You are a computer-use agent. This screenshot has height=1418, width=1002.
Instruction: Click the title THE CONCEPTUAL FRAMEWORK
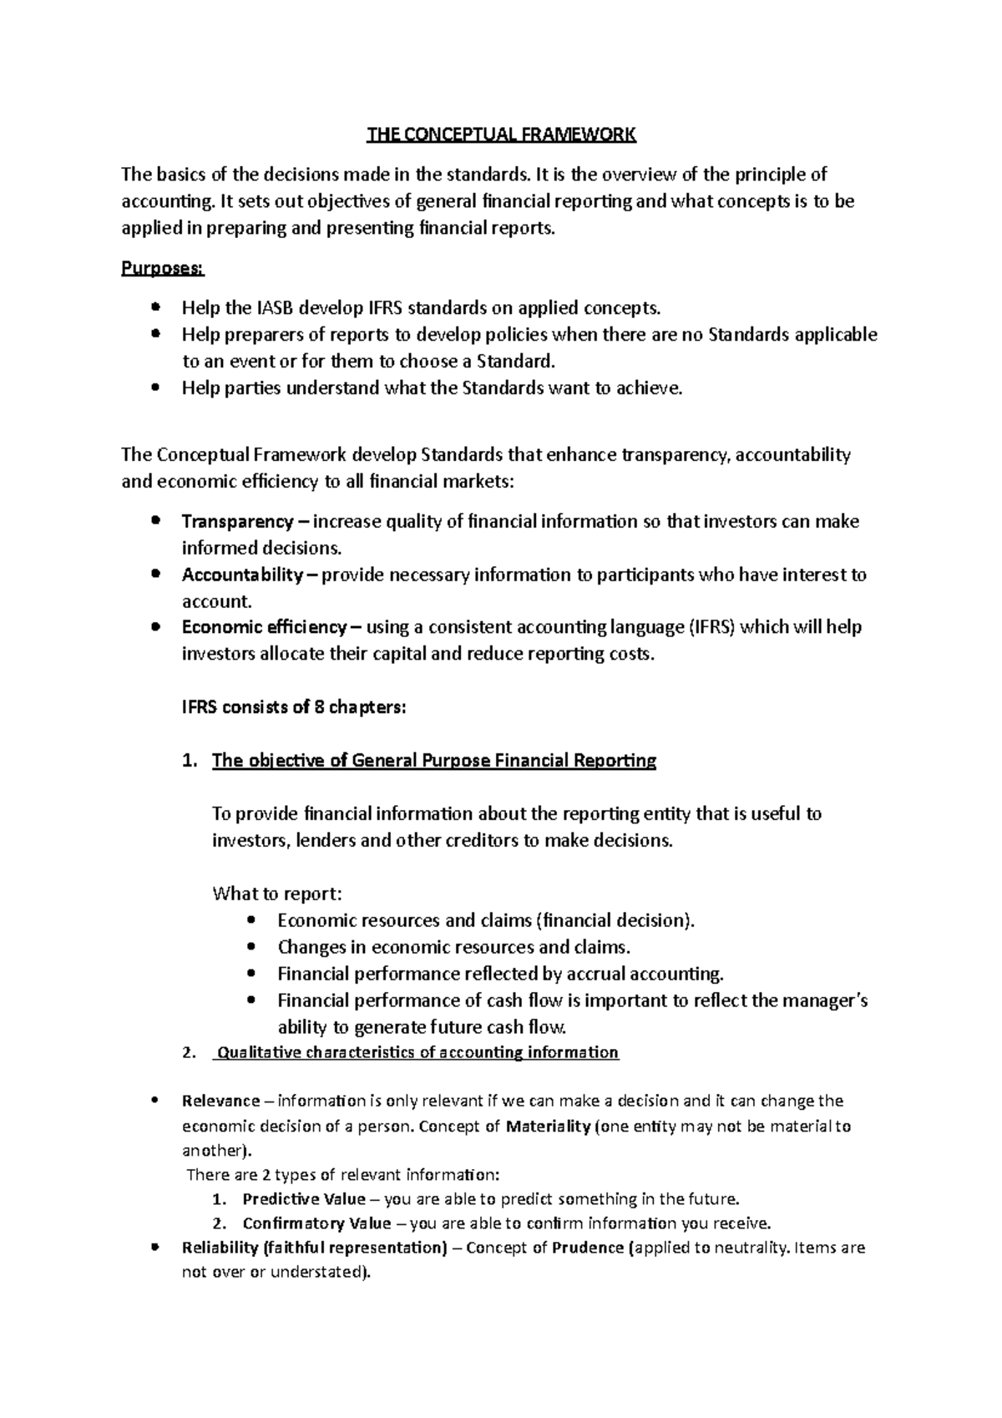(502, 134)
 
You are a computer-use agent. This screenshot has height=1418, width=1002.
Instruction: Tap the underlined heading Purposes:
(163, 269)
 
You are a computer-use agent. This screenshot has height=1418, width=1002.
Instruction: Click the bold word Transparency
(237, 522)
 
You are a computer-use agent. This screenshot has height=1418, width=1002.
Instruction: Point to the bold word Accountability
(242, 575)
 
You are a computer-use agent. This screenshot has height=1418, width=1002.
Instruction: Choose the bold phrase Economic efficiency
(264, 627)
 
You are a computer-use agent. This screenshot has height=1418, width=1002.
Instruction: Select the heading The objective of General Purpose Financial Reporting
(434, 761)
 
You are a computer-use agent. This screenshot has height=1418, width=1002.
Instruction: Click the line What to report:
(276, 894)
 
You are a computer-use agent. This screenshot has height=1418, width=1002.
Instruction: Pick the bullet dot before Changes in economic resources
(252, 947)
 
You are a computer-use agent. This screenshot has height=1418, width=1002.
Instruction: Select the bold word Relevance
(220, 1101)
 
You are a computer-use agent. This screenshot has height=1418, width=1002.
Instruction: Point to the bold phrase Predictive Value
(304, 1199)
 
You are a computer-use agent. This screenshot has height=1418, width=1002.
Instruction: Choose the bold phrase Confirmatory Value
(316, 1223)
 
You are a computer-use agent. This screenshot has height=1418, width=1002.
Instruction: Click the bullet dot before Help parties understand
(154, 388)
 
